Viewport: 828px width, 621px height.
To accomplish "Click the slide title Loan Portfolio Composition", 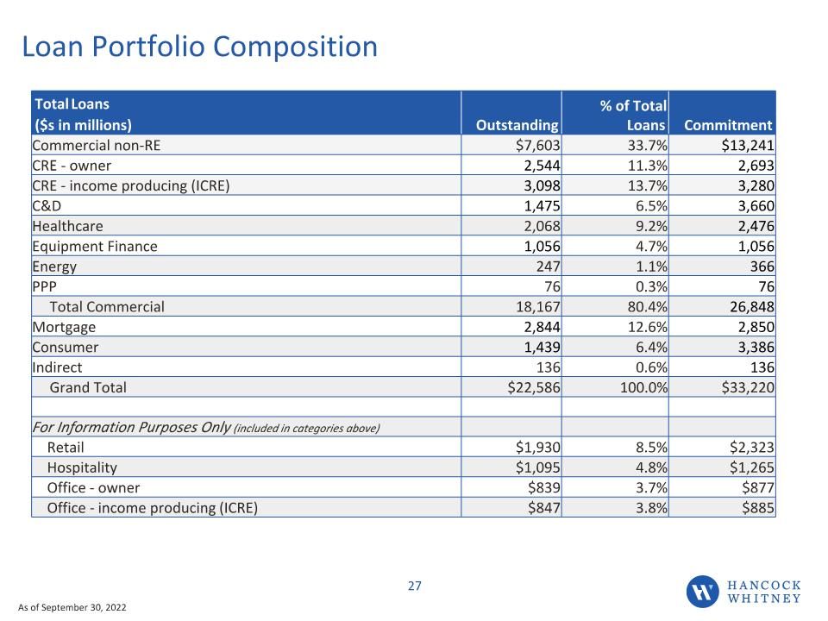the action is click(199, 47).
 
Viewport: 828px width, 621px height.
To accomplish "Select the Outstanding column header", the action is click(517, 125).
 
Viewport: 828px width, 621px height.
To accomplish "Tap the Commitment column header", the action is click(728, 125).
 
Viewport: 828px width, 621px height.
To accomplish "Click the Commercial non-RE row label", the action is click(96, 145).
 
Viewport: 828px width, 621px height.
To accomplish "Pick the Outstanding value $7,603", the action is click(537, 145).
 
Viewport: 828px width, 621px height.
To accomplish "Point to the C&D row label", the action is click(47, 206).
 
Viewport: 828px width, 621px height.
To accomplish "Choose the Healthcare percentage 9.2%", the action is click(651, 226).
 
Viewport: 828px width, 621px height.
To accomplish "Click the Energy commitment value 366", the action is click(762, 267).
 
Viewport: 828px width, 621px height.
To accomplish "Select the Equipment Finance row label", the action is click(95, 247).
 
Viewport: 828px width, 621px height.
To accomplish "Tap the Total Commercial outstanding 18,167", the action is click(537, 307).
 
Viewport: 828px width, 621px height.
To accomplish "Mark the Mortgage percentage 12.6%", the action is click(647, 327).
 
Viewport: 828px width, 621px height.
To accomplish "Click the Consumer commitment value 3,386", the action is click(756, 348).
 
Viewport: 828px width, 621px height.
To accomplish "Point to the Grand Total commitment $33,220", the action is click(748, 387).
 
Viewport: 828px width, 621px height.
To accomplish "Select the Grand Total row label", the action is click(88, 387).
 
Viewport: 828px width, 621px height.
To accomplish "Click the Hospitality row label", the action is click(82, 467).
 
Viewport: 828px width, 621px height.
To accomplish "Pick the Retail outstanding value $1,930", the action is click(537, 448).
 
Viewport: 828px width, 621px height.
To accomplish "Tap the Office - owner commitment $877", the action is click(758, 488).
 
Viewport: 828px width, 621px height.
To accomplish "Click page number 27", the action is click(415, 586).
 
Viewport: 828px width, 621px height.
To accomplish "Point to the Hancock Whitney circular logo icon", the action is click(702, 592).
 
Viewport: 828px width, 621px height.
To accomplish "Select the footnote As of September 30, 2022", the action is click(72, 607).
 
